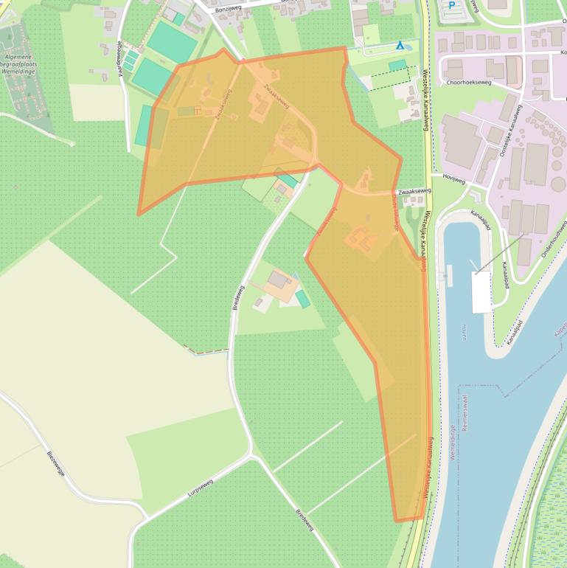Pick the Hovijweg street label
454,178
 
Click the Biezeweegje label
56,464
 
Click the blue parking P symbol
451,6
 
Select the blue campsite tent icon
400,45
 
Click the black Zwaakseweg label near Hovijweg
412,191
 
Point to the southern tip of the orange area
398,521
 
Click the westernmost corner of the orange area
138,215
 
